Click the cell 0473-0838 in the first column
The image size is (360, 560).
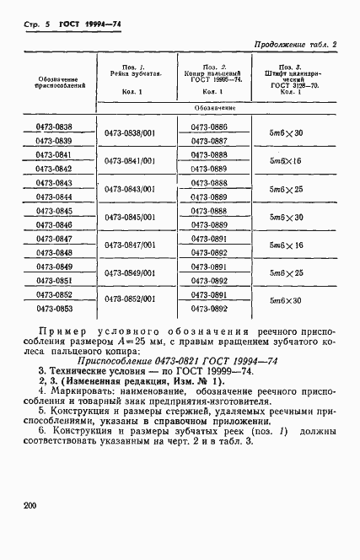tap(53, 127)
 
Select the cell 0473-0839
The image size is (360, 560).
tap(53, 141)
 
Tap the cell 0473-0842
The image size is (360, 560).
tap(53, 169)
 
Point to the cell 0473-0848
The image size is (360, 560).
tap(53, 252)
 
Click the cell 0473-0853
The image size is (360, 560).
tap(53, 308)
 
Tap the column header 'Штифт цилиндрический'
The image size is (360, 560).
tap(283, 76)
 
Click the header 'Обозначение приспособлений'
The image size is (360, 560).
tap(53, 82)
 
